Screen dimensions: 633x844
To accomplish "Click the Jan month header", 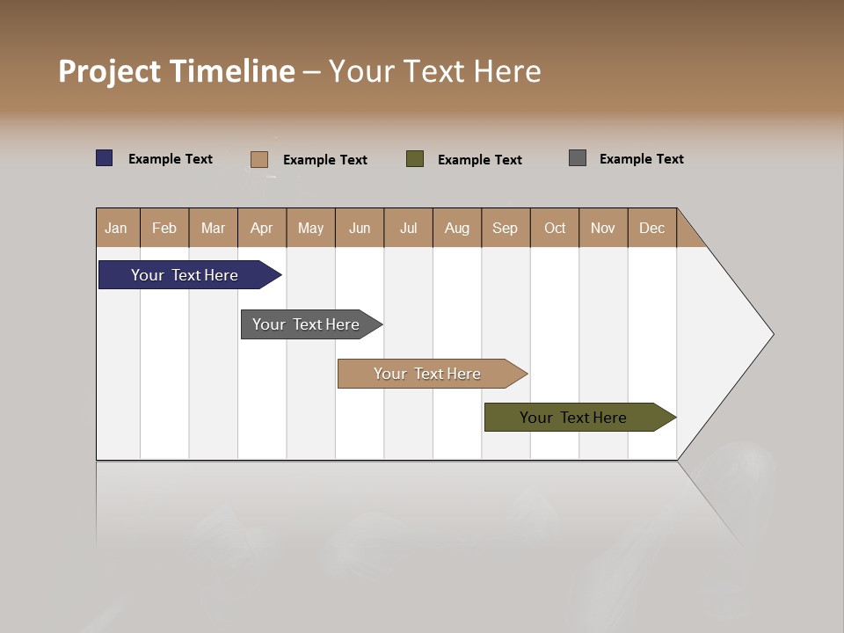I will pos(116,228).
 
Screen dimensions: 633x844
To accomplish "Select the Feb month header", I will pos(164,228).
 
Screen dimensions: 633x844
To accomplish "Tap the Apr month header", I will pos(261,228).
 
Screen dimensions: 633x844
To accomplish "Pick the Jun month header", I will pos(360,228).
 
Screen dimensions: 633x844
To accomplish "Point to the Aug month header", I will pos(456,228).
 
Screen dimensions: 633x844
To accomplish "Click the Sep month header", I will pos(505,228).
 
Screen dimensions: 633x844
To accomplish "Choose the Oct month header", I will pos(555,228).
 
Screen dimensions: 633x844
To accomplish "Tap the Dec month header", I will pos(651,228).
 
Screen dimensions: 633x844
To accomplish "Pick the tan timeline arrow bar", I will pos(428,374).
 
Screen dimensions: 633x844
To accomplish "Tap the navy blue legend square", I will pos(105,158).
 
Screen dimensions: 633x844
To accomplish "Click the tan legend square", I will pos(258,159).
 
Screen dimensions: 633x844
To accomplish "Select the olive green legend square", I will pos(415,159).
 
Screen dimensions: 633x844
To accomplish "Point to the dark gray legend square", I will pos(578,158).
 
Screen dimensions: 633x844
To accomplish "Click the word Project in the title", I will pos(109,71).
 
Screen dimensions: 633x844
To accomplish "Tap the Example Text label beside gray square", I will pos(641,159).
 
